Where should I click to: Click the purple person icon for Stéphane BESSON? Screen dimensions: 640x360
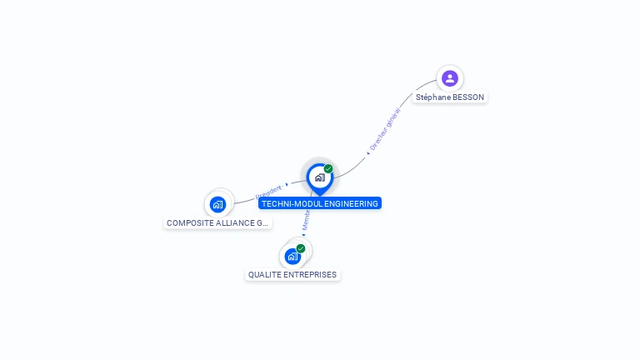450,78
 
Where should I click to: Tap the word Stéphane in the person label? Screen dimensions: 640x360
432,97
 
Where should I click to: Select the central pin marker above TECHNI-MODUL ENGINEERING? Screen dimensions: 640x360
319,177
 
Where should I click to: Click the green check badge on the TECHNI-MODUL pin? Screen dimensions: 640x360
328,168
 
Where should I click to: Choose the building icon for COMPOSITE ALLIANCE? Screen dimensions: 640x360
217,203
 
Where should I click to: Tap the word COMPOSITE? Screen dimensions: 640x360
187,223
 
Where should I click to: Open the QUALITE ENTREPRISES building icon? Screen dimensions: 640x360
292,256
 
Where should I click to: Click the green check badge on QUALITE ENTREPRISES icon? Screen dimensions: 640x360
301,248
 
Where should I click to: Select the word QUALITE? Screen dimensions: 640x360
264,275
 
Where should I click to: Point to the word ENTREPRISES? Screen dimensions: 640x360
310,275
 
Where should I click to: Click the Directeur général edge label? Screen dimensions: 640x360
385,129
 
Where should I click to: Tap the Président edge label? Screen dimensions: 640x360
268,192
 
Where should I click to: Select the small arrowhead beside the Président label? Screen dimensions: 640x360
286,184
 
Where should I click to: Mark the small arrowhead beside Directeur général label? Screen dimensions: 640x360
367,153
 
